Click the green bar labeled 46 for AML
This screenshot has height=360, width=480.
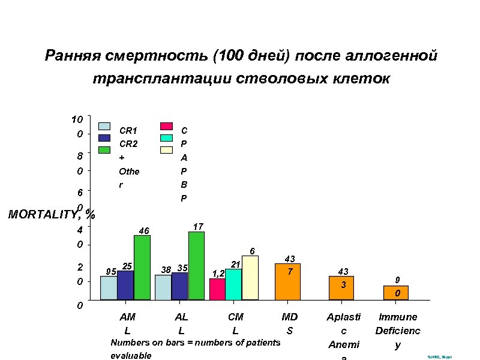pyautogui.click(x=142, y=267)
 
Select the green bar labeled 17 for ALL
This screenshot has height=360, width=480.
pyautogui.click(x=196, y=265)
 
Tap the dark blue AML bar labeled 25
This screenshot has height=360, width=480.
pyautogui.click(x=125, y=285)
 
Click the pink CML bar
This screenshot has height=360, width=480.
pyautogui.click(x=217, y=289)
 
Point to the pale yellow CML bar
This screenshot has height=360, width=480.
pyautogui.click(x=250, y=277)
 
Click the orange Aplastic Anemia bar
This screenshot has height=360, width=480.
pyautogui.click(x=341, y=287)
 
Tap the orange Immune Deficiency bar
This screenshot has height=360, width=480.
pyautogui.click(x=396, y=292)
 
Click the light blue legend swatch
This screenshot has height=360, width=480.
pyautogui.click(x=104, y=127)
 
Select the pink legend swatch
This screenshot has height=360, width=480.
pyautogui.click(x=166, y=127)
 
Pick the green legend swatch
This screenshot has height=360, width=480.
pyautogui.click(x=104, y=149)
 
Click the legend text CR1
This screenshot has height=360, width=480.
pyautogui.click(x=128, y=130)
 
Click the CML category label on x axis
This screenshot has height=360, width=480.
pyautogui.click(x=236, y=324)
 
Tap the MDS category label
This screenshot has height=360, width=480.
pyautogui.click(x=290, y=324)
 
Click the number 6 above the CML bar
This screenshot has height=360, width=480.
pyautogui.click(x=253, y=250)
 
